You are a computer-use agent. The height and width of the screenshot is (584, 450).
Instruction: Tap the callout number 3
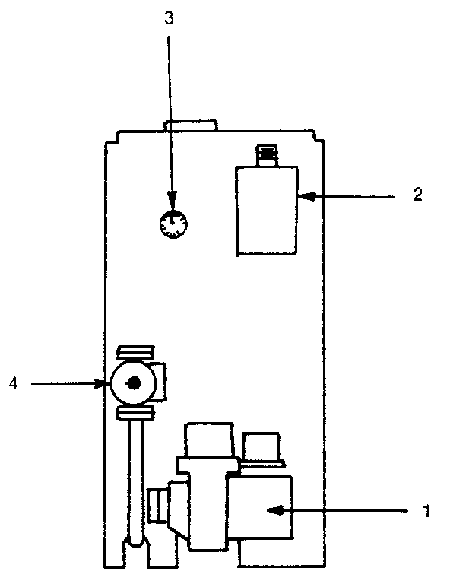(x=170, y=18)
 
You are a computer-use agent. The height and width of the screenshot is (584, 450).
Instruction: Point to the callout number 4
(x=13, y=385)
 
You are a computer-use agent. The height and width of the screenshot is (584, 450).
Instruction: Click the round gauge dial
(x=174, y=224)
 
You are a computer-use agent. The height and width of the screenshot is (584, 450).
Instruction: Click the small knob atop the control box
(x=267, y=155)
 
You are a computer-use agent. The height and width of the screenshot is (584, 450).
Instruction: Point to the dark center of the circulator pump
(x=133, y=384)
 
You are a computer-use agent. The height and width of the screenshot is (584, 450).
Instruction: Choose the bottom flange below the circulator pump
(x=135, y=414)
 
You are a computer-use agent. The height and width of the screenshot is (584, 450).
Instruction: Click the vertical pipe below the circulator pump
(x=135, y=479)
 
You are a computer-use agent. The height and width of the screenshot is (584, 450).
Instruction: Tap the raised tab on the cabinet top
(x=192, y=125)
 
